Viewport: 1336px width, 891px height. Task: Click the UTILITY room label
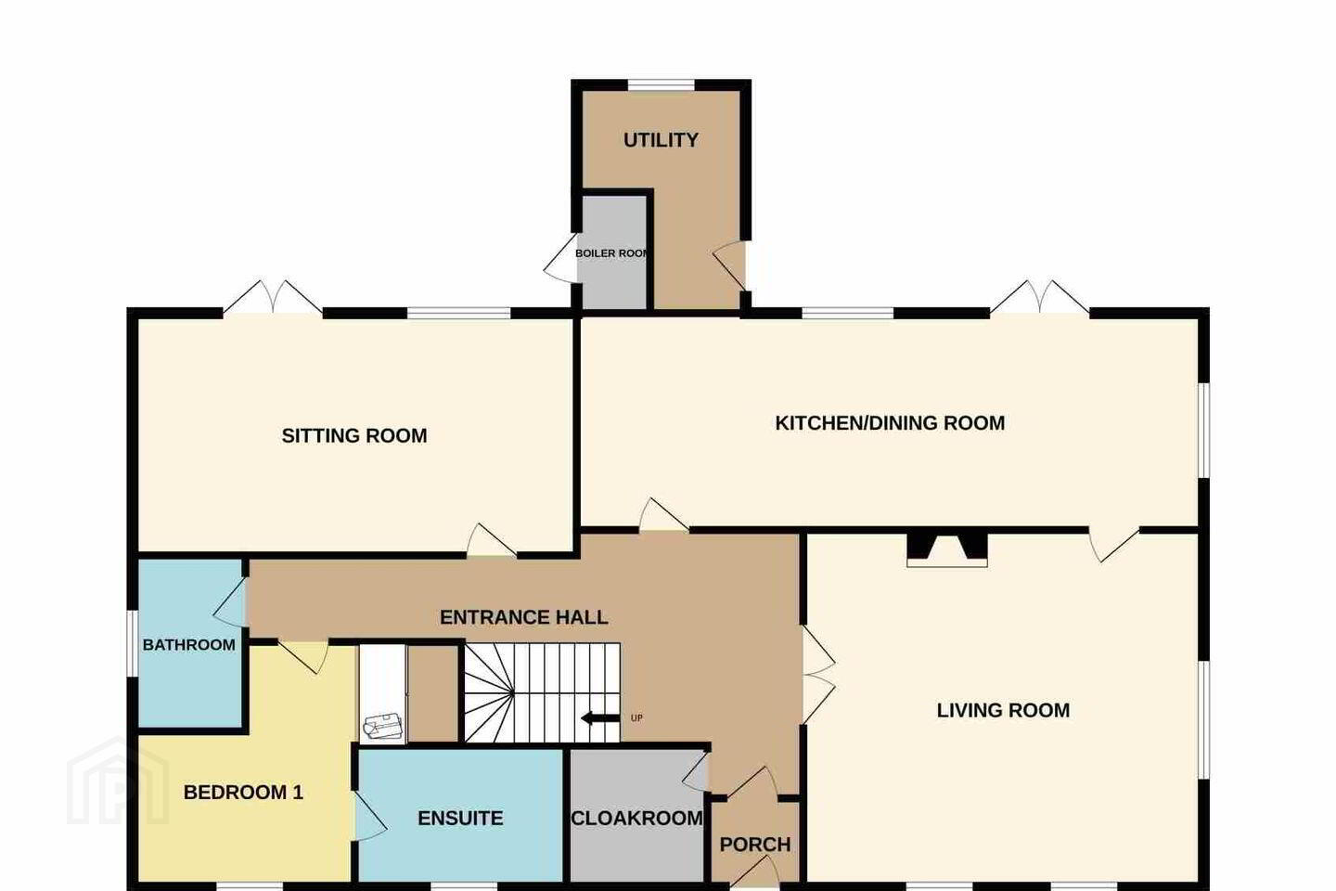(x=661, y=140)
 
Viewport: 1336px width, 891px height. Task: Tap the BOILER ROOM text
(x=611, y=253)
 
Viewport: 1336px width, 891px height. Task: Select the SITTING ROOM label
(x=354, y=435)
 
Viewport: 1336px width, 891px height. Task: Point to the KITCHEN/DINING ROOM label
(x=890, y=423)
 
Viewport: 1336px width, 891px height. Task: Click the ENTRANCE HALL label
(x=523, y=617)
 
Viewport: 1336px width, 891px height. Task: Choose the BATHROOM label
(x=188, y=644)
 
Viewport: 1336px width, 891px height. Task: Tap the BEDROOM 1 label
(x=243, y=793)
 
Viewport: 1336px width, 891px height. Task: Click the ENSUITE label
(x=460, y=819)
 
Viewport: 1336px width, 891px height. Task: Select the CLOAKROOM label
(x=637, y=819)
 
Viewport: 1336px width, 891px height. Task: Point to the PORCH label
(x=755, y=845)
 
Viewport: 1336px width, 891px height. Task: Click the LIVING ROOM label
(x=1003, y=710)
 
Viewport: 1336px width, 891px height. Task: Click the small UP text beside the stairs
(x=636, y=718)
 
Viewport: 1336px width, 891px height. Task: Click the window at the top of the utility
(x=661, y=85)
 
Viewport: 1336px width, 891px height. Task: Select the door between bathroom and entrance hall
(x=230, y=601)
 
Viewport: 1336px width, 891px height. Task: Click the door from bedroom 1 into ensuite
(x=370, y=817)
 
